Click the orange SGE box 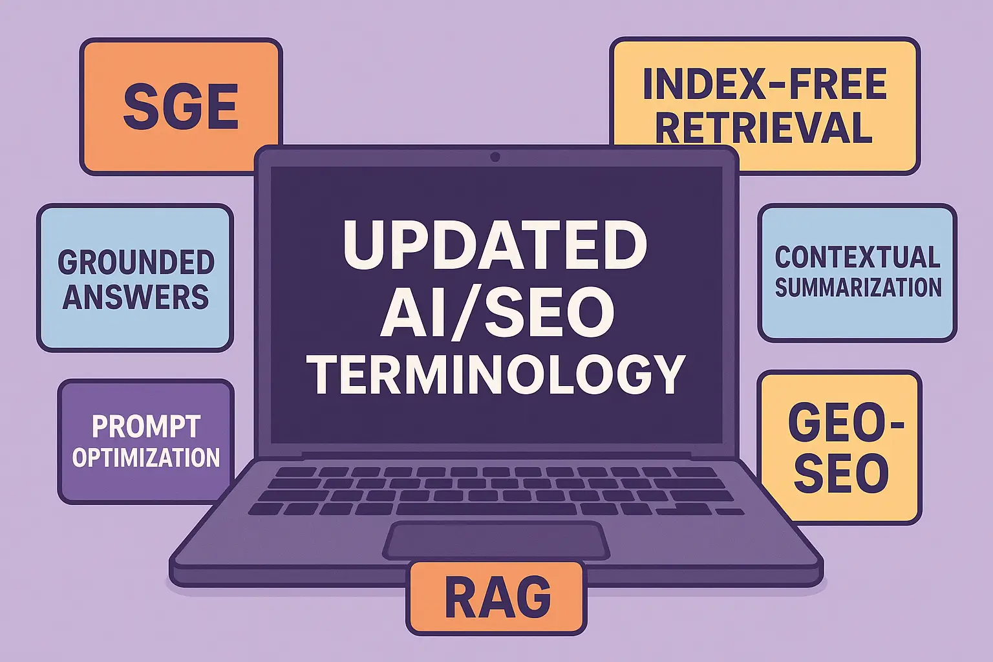pyautogui.click(x=181, y=106)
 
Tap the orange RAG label pyautogui.click(x=496, y=598)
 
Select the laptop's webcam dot pyautogui.click(x=495, y=157)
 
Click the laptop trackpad pyautogui.click(x=496, y=540)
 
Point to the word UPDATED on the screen pyautogui.click(x=495, y=246)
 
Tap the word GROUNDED pyautogui.click(x=136, y=262)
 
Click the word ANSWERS pyautogui.click(x=136, y=297)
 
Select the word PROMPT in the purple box pyautogui.click(x=146, y=427)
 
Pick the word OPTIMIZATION pyautogui.click(x=146, y=458)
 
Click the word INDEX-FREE pyautogui.click(x=765, y=85)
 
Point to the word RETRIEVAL pyautogui.click(x=765, y=127)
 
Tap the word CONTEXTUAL pyautogui.click(x=857, y=257)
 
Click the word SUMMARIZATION pyautogui.click(x=858, y=288)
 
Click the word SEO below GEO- pyautogui.click(x=841, y=473)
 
